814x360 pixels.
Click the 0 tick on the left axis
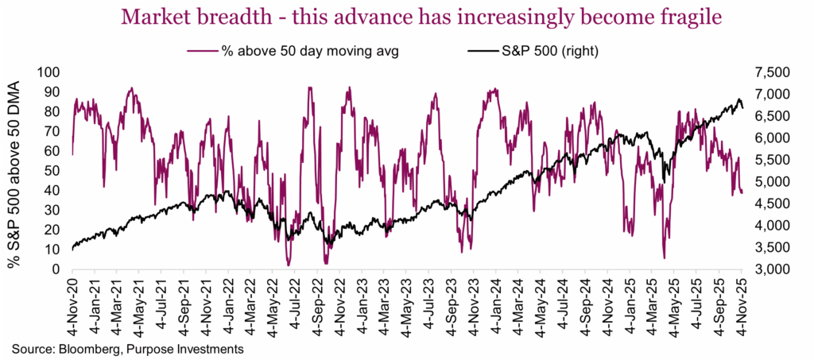point(56,270)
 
